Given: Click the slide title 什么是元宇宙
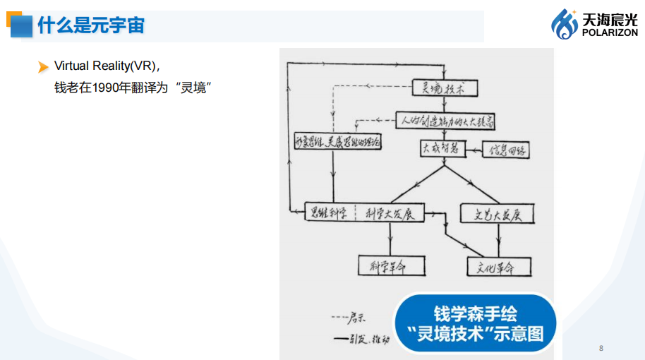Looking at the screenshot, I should click(x=91, y=26).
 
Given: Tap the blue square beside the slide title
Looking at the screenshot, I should click(x=20, y=26).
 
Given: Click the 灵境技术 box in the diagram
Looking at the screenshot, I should click(x=445, y=88).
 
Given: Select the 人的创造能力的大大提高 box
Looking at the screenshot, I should click(x=445, y=121).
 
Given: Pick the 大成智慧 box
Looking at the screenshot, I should click(x=440, y=149).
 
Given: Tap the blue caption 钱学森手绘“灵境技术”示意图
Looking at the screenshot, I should click(x=475, y=323).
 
